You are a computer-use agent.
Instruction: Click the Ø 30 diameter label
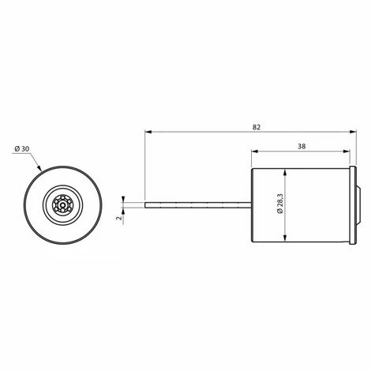(x=22, y=149)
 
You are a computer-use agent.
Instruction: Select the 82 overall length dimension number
(x=257, y=127)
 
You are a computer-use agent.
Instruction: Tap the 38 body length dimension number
(x=302, y=146)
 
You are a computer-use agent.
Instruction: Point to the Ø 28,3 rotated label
(x=279, y=204)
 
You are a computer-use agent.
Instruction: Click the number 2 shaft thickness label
(x=119, y=218)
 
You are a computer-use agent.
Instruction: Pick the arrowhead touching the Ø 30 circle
(x=39, y=168)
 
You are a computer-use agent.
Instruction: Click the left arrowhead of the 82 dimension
(x=148, y=132)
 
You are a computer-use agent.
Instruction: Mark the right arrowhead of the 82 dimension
(x=353, y=132)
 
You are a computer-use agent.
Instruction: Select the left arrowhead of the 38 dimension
(x=255, y=151)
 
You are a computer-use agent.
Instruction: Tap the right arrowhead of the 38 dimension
(x=347, y=151)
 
